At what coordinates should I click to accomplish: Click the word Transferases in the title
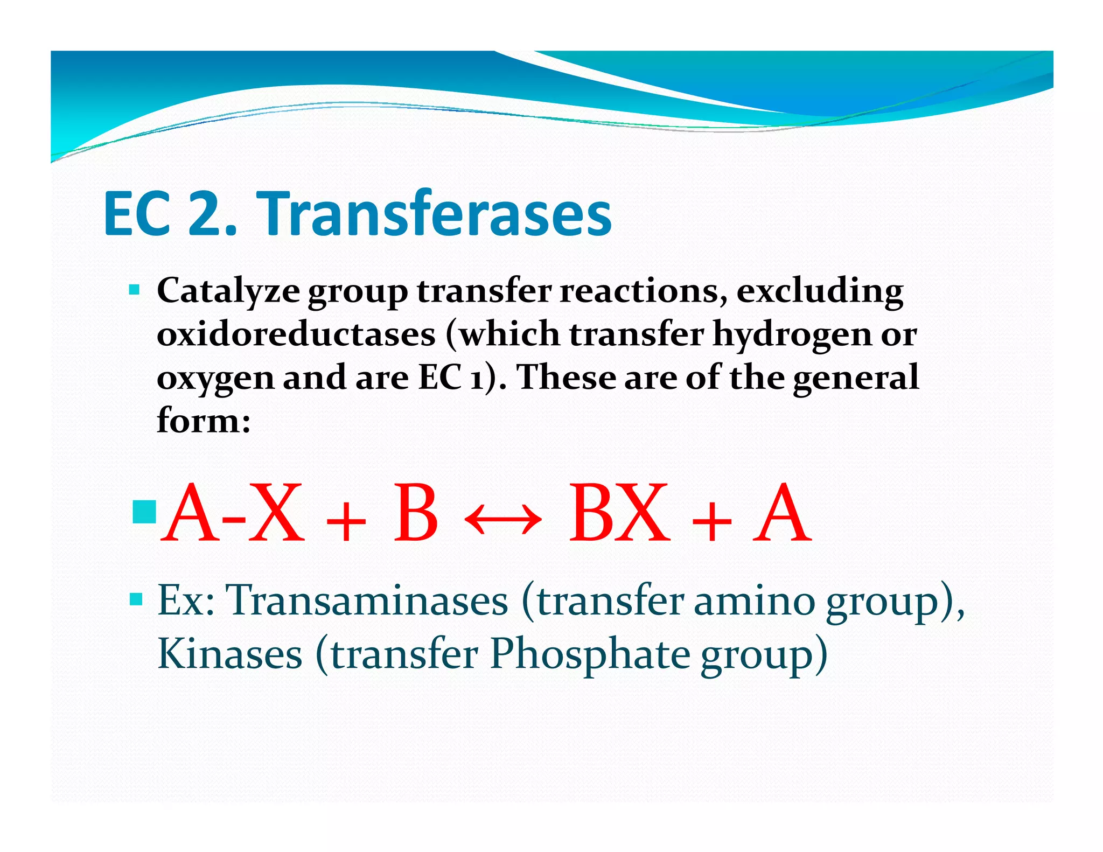coord(436,214)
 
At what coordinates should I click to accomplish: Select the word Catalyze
coord(228,292)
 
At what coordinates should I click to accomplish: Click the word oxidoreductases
coord(296,334)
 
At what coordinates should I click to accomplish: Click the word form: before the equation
coord(204,421)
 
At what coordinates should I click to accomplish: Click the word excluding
coord(820,292)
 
